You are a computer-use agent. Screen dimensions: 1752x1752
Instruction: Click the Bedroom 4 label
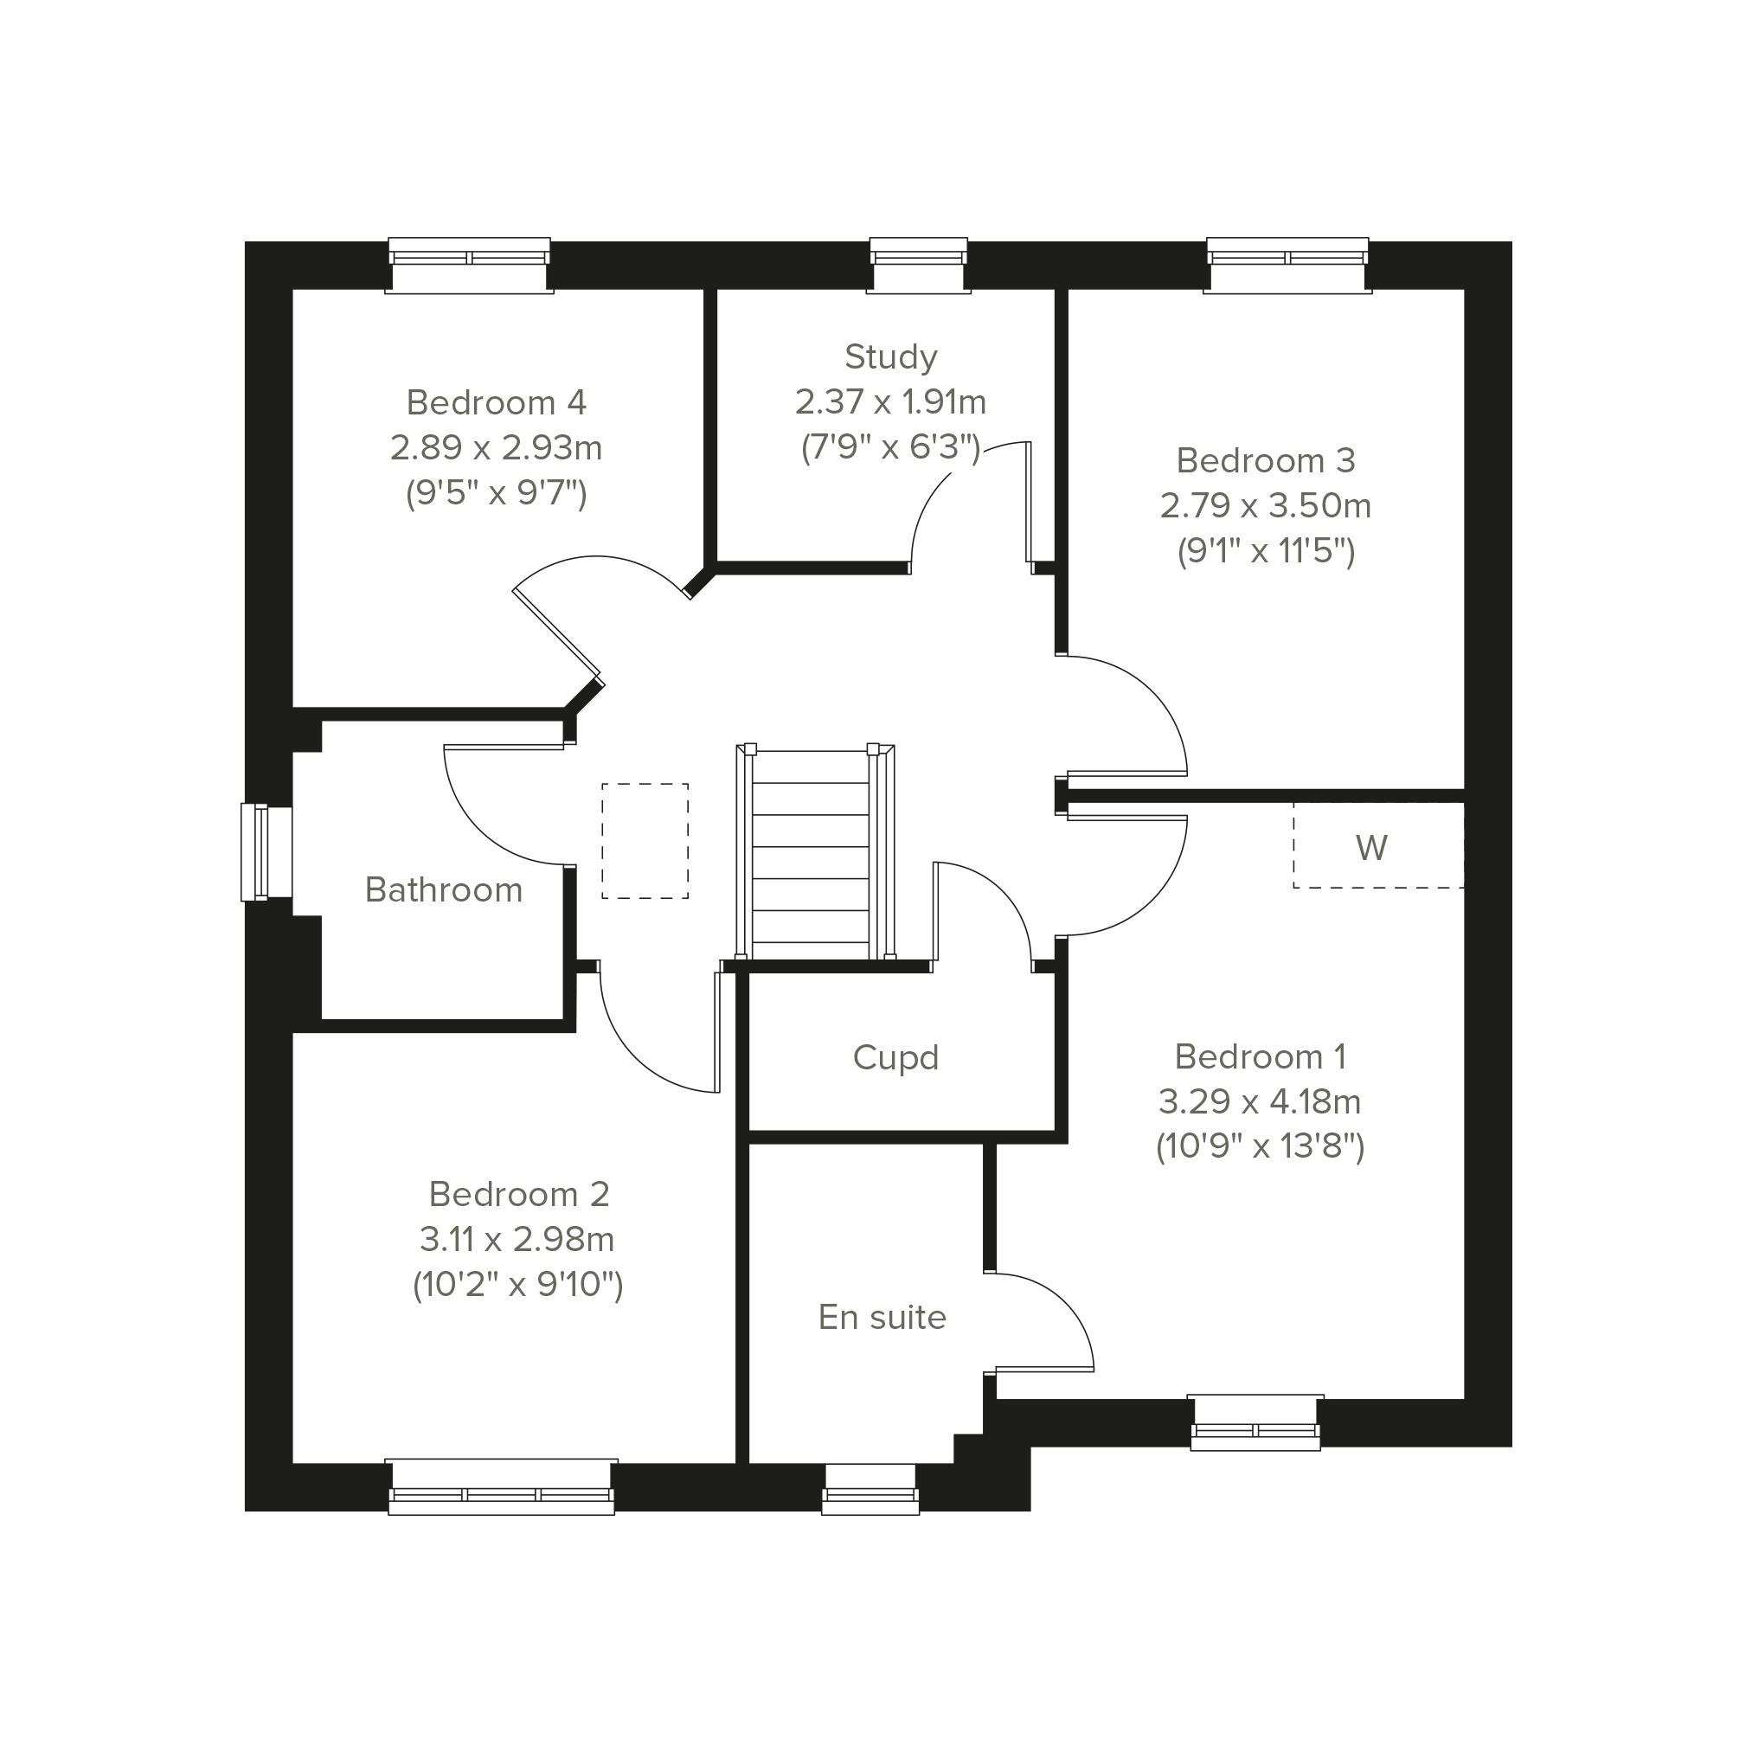tap(496, 401)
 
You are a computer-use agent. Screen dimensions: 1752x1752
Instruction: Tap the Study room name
tap(890, 357)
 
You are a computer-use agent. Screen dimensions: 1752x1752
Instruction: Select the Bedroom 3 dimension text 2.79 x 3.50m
tap(1265, 505)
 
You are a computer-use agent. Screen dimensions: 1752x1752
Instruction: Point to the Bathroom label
tap(444, 889)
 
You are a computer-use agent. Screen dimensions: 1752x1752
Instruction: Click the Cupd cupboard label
tap(896, 1057)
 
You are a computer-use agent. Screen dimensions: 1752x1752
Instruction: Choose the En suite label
tap(882, 1317)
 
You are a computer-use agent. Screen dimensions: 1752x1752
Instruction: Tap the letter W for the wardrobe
tap(1371, 848)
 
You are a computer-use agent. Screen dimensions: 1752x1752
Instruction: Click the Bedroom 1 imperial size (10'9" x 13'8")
tap(1261, 1146)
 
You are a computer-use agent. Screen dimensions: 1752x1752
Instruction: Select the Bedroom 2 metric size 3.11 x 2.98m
tap(517, 1239)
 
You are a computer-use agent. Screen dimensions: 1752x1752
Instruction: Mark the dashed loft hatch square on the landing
tap(645, 841)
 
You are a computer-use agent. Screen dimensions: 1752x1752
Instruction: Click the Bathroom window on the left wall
tap(266, 852)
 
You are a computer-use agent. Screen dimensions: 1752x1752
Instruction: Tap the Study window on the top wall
tap(919, 266)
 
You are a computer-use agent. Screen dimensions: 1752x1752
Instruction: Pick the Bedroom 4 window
tap(470, 266)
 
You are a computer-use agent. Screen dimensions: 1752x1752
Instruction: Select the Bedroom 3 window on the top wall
tap(1287, 266)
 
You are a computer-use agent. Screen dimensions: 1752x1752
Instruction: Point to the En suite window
tap(870, 1489)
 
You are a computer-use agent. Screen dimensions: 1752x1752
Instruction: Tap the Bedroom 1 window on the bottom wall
tap(1255, 1423)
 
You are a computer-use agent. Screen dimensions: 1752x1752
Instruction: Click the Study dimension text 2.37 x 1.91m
tap(890, 401)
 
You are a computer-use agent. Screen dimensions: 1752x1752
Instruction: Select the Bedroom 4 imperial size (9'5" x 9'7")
tap(496, 493)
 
